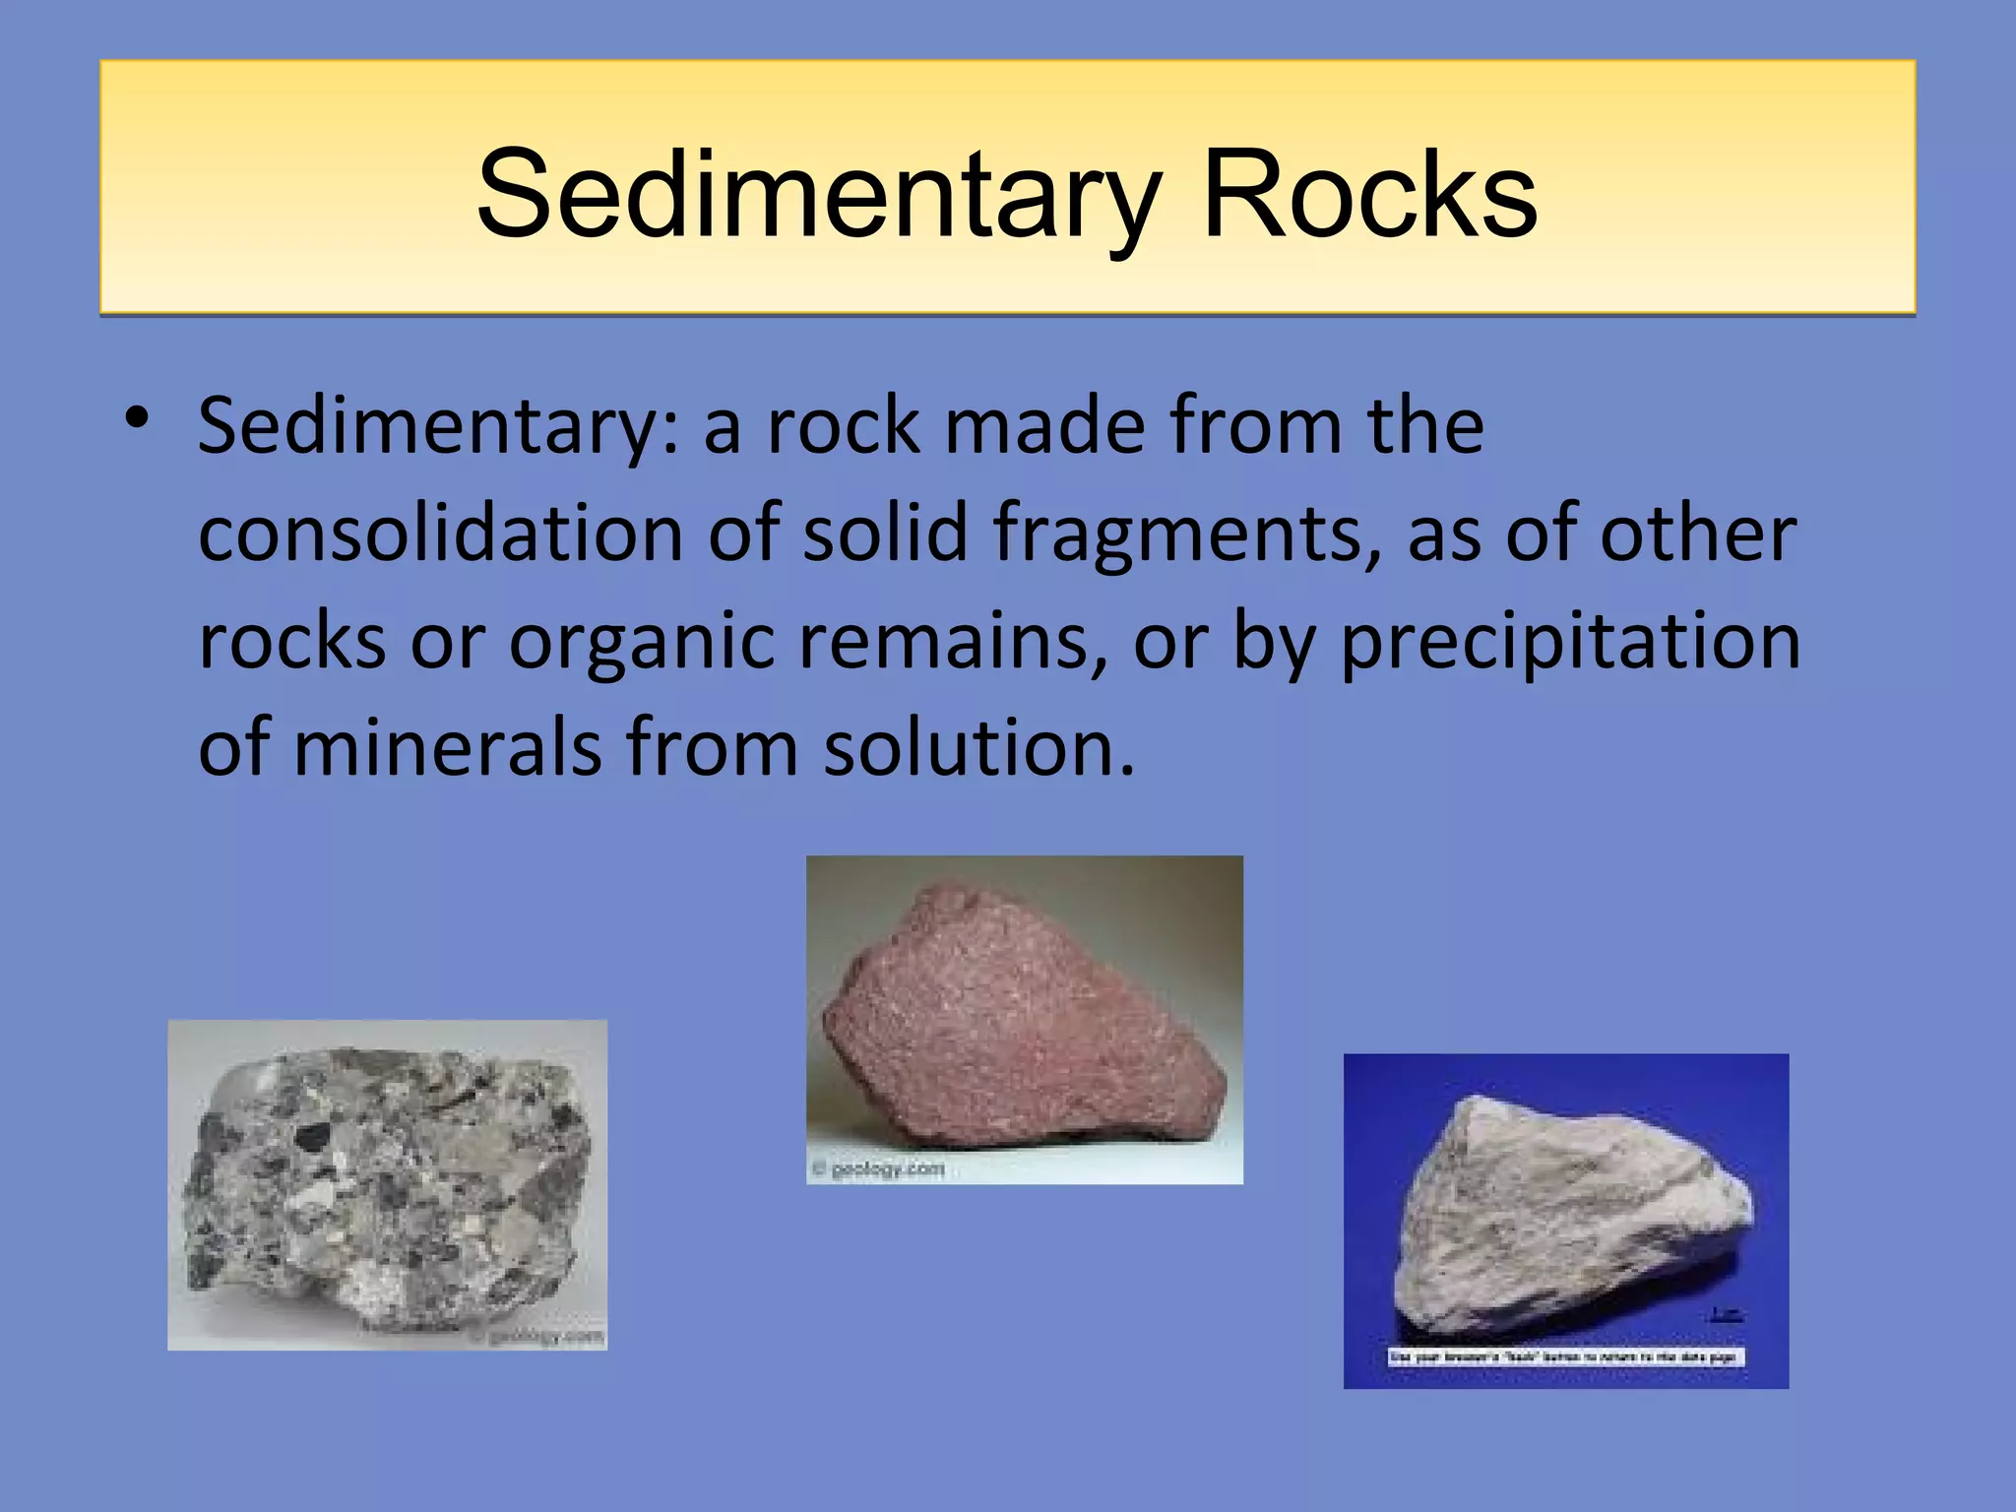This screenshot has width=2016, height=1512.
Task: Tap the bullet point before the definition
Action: (x=137, y=418)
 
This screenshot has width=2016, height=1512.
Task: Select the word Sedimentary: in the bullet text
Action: (x=438, y=428)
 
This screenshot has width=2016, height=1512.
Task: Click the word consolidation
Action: (x=440, y=535)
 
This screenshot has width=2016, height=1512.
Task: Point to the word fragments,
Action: (x=1187, y=535)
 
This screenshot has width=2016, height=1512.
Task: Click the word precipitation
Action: (x=1571, y=643)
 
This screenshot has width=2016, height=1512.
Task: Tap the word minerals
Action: (x=448, y=748)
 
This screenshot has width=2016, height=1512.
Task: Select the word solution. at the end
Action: (x=979, y=748)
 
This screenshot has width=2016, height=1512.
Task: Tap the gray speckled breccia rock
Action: (x=389, y=1186)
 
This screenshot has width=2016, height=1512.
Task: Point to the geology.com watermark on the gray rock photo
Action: (x=536, y=1337)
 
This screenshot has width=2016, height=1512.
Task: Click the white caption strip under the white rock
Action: (x=1565, y=1357)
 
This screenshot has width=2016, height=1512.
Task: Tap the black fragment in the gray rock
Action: (x=313, y=1137)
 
